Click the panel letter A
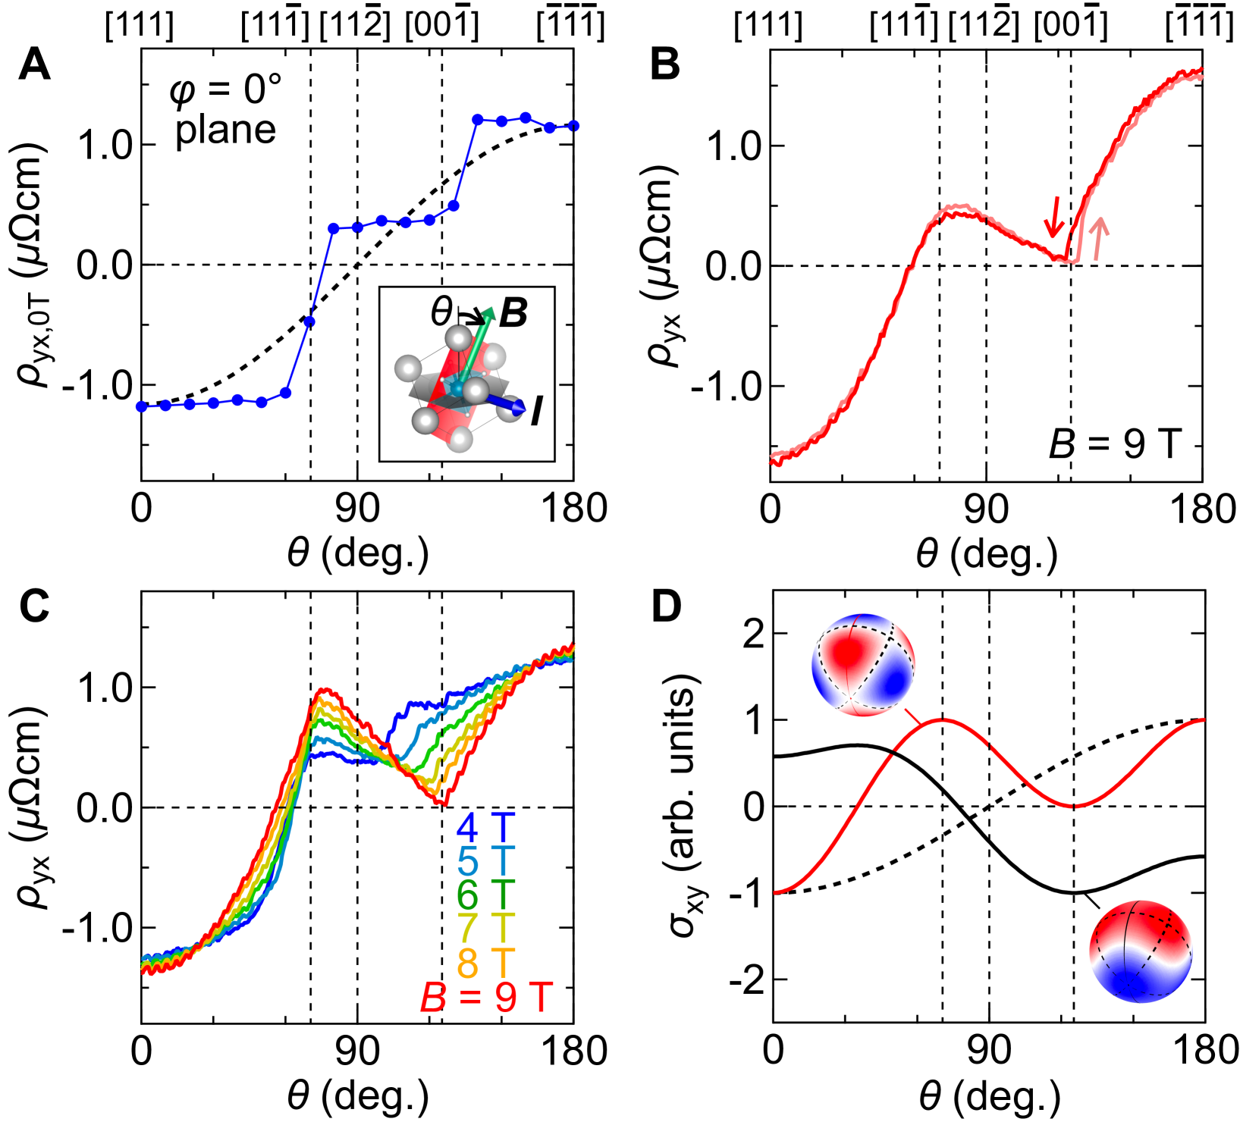point(34,64)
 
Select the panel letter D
point(667,606)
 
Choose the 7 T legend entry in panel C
point(485,929)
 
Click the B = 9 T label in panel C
point(486,997)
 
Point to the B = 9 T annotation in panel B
point(1114,443)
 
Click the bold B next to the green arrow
point(513,312)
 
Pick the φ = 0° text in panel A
point(225,90)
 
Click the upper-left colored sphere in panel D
point(863,664)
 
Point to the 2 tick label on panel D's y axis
point(753,634)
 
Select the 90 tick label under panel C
point(357,1051)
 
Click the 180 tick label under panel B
point(1201,509)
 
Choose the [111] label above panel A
point(140,27)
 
